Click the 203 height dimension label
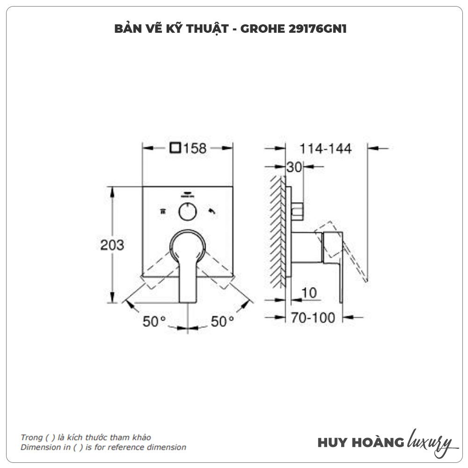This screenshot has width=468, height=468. (112, 245)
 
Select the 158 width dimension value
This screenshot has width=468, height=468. (195, 148)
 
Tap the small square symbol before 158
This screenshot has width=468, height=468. (175, 148)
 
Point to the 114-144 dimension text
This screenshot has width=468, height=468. (325, 149)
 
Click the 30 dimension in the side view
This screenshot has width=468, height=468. (294, 167)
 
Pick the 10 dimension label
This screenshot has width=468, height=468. (309, 293)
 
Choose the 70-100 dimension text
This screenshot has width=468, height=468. (313, 318)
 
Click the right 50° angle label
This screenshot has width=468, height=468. (222, 322)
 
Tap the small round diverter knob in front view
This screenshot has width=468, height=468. (188, 212)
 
